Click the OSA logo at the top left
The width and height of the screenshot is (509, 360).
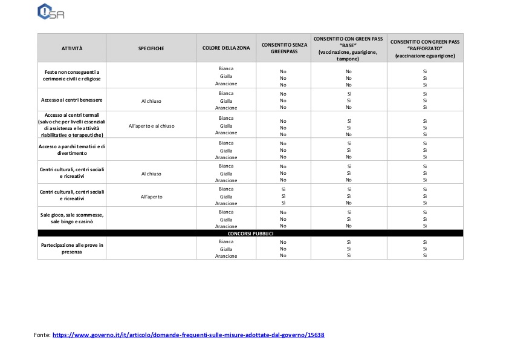tap(51, 12)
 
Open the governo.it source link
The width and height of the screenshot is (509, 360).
tap(189, 335)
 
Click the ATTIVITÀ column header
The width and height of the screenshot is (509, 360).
tap(72, 48)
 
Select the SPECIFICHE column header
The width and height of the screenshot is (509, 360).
tap(151, 48)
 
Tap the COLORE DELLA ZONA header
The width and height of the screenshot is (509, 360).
tap(226, 48)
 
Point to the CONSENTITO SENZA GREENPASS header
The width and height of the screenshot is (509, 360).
tap(284, 48)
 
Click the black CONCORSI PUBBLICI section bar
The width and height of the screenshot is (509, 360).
tap(250, 233)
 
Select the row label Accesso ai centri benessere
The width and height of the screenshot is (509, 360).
tap(72, 100)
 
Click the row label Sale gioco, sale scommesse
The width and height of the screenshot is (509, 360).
tap(72, 218)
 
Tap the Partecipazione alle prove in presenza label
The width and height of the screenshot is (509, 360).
tap(72, 248)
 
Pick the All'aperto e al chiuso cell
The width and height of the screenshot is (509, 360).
tap(151, 126)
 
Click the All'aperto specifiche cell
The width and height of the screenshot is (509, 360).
tap(151, 197)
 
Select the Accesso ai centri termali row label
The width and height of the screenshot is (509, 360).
tap(72, 125)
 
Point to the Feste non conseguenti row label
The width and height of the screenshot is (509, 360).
tap(72, 75)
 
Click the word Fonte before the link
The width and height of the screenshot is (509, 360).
tap(42, 335)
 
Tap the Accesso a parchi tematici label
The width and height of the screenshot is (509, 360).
tap(72, 149)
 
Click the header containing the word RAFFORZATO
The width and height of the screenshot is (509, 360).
tap(425, 48)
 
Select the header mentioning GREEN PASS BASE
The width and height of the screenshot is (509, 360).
tap(348, 48)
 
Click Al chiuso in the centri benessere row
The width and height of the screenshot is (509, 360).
tap(151, 101)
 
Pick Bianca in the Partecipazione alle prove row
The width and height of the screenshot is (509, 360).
tap(226, 241)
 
